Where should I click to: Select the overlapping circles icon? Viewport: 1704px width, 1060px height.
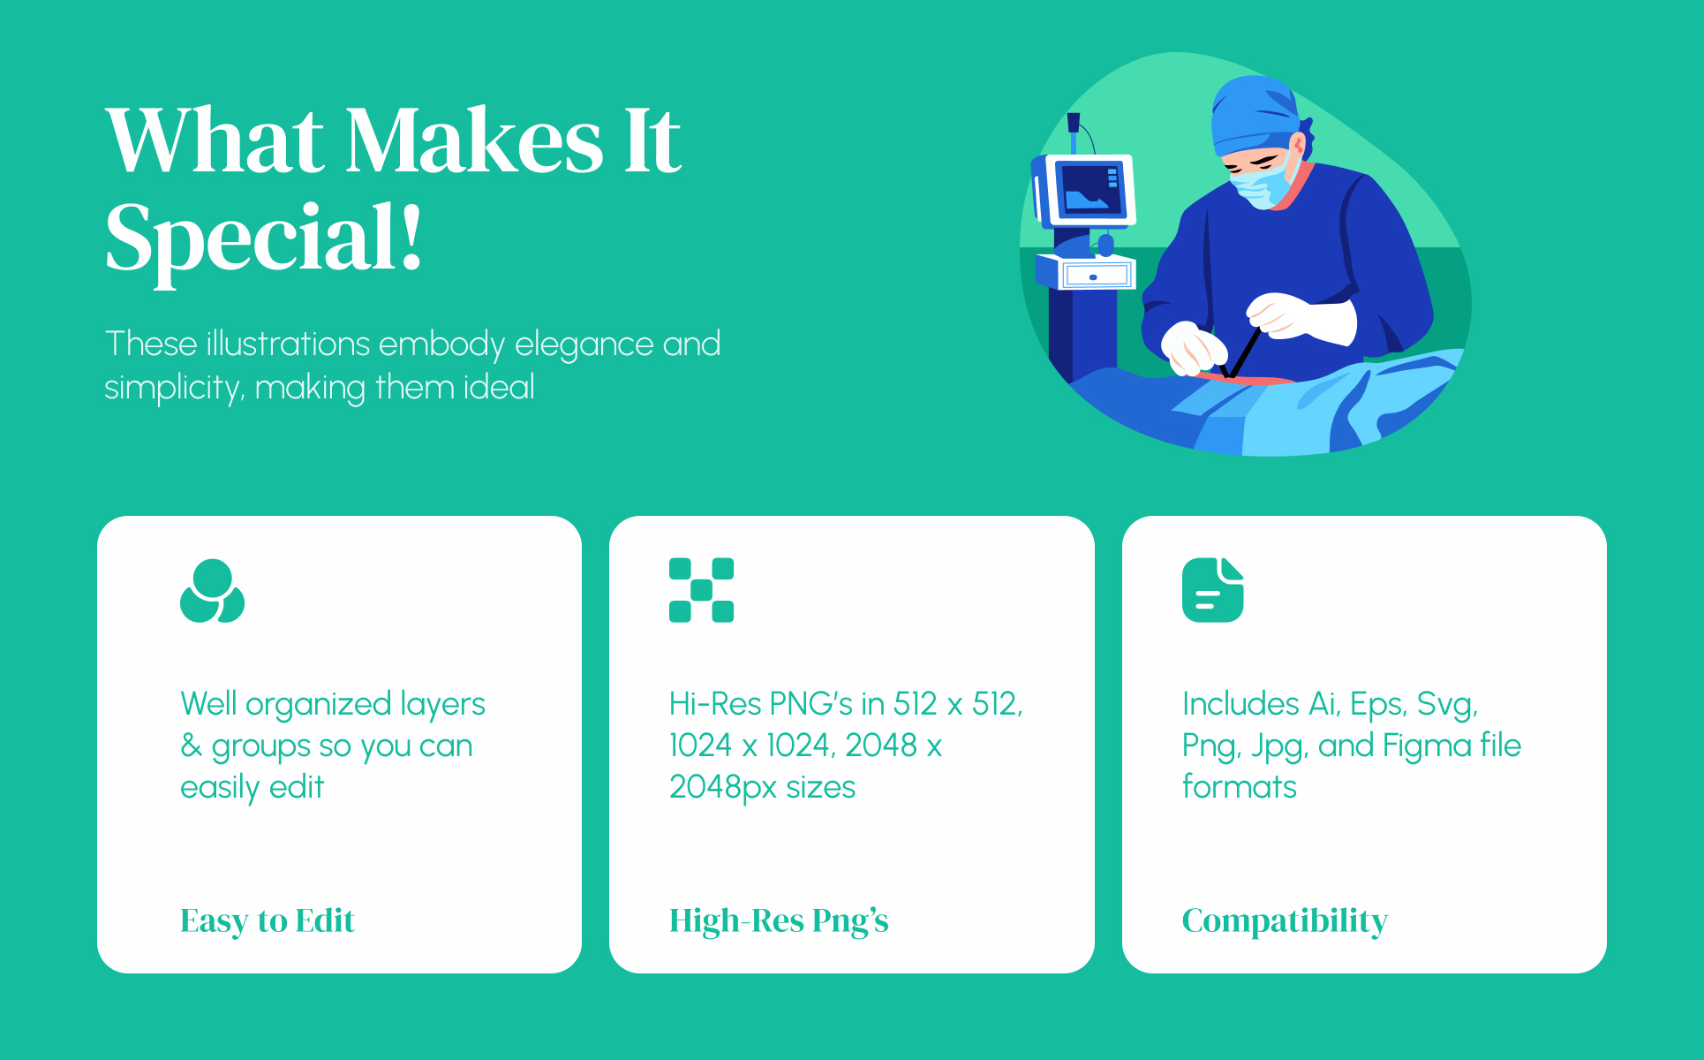pos(213,590)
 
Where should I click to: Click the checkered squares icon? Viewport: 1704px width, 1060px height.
pos(702,590)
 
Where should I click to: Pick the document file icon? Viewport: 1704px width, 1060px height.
pos(1213,590)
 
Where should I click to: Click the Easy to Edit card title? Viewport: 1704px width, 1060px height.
pos(268,921)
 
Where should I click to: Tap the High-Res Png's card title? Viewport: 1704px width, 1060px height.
pos(779,921)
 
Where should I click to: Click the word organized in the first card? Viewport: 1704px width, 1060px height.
pos(319,705)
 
